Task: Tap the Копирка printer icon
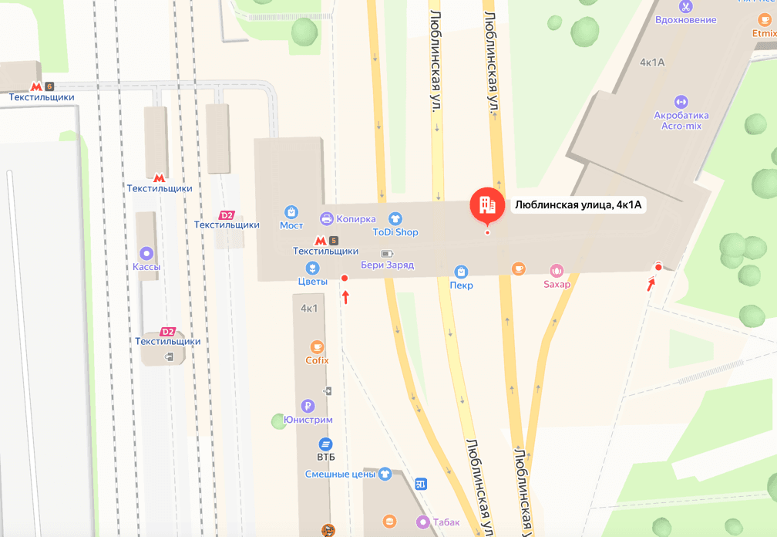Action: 326,218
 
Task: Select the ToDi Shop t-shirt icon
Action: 395,218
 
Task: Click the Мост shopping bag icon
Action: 291,211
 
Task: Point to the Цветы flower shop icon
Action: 313,268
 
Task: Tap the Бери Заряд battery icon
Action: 387,253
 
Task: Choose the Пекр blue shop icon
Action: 461,272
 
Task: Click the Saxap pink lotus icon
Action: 557,270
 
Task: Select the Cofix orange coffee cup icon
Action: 316,346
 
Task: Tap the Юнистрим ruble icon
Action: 308,406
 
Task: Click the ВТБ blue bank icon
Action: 325,444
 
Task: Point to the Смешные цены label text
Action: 339,475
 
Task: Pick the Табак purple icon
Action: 422,522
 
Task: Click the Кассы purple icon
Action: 146,253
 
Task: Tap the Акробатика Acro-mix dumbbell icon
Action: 681,102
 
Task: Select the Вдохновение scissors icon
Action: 685,6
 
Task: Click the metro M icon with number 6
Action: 36,86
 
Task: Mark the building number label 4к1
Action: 310,309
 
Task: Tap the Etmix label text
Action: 765,33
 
